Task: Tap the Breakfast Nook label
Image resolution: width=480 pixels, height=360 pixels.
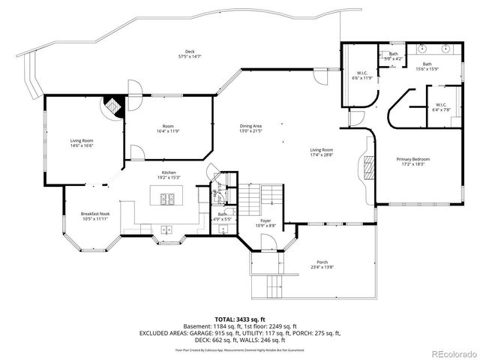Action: tap(95, 216)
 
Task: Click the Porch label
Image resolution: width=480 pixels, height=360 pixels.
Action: tap(322, 264)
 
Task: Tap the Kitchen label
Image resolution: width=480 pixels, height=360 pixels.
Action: tap(169, 175)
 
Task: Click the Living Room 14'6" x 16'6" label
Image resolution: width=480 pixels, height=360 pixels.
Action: tap(82, 142)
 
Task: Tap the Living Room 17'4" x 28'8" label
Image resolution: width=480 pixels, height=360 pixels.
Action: tap(322, 152)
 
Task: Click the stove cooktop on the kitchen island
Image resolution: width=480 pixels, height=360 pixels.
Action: tap(167, 199)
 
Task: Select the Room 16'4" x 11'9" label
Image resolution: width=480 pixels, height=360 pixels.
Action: tap(169, 128)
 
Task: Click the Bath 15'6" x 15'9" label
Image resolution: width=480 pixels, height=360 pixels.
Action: tap(427, 67)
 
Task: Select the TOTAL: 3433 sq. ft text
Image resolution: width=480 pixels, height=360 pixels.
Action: tap(239, 319)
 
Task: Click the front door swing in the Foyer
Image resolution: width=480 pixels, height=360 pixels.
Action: tap(266, 241)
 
